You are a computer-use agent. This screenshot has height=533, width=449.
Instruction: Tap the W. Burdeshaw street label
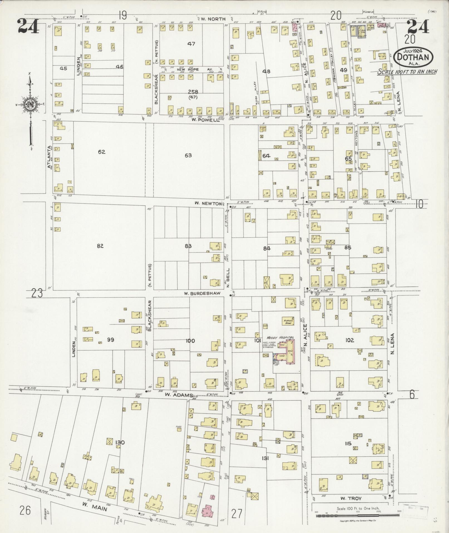tap(202, 293)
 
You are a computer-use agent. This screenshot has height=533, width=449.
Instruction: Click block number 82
tap(100, 246)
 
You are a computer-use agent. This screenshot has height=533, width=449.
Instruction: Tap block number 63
tap(188, 155)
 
